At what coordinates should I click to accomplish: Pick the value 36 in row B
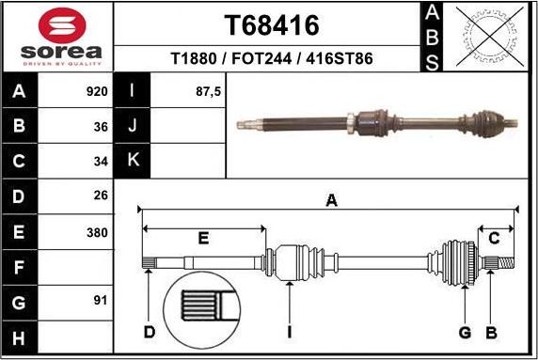pos(101,126)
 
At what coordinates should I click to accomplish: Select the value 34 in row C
pos(101,161)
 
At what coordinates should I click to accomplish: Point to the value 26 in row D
pos(101,196)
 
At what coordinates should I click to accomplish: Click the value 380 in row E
pos(96,231)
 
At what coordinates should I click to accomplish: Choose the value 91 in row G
pos(101,302)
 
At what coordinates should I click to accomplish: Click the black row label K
pos(132,161)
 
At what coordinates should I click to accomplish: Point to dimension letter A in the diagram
pos(330,199)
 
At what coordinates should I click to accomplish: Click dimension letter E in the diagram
pos(202,239)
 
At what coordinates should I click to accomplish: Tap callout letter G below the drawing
pos(465,332)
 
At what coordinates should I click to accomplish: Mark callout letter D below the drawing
pos(149,332)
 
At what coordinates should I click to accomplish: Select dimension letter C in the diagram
pos(493,238)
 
